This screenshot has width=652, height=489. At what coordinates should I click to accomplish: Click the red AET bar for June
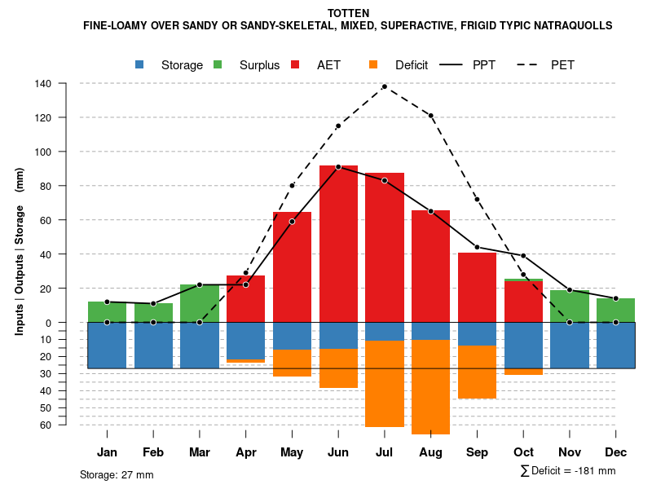(338, 244)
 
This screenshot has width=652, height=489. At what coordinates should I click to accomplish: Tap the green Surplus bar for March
(200, 303)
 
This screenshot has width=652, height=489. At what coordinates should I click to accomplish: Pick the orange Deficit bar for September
(477, 372)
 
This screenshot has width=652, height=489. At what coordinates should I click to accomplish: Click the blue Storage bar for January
(107, 346)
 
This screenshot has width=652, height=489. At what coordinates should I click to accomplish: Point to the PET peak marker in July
(385, 86)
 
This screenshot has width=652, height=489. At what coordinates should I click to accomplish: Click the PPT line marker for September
(477, 247)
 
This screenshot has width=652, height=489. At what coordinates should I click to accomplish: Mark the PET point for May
(292, 186)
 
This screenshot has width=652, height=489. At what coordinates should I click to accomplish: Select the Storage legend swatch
(140, 64)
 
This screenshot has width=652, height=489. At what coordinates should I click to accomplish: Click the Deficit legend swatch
(373, 64)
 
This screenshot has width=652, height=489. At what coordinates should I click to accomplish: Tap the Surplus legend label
(259, 65)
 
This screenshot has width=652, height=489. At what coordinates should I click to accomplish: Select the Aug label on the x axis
(430, 452)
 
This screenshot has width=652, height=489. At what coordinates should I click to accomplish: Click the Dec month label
(615, 452)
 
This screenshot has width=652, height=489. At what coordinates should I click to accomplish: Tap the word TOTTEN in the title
(348, 13)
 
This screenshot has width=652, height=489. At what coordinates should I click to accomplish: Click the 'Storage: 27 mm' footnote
(117, 474)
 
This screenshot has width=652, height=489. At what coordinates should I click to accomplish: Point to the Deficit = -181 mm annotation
(568, 471)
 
